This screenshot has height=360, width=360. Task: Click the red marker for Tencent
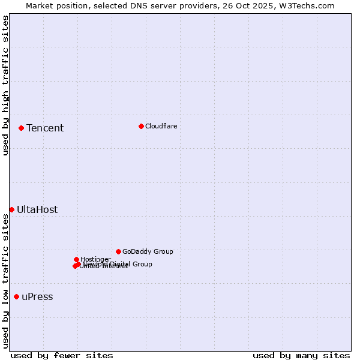[x=21, y=128]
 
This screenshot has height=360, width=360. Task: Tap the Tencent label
[x=45, y=128]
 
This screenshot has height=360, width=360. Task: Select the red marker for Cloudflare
[x=141, y=126]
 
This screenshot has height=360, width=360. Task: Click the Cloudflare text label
[x=161, y=126]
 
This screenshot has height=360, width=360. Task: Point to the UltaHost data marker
[x=11, y=209]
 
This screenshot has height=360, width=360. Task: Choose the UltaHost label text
[x=37, y=209]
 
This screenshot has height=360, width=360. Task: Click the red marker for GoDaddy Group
[x=118, y=251]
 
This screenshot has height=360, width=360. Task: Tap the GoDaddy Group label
[x=148, y=251]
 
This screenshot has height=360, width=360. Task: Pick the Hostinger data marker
[x=76, y=259]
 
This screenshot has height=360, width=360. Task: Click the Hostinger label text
[x=95, y=259]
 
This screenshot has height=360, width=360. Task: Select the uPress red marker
[x=16, y=296]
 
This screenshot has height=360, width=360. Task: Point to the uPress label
[x=37, y=296]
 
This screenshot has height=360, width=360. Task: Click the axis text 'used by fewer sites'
[x=62, y=355]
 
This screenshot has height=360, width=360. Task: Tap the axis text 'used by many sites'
[x=301, y=355]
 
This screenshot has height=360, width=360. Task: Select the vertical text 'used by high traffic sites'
[x=5, y=85]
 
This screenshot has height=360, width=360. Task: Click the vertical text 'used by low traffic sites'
[x=5, y=280]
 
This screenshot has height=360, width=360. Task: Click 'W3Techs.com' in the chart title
[x=309, y=5]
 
